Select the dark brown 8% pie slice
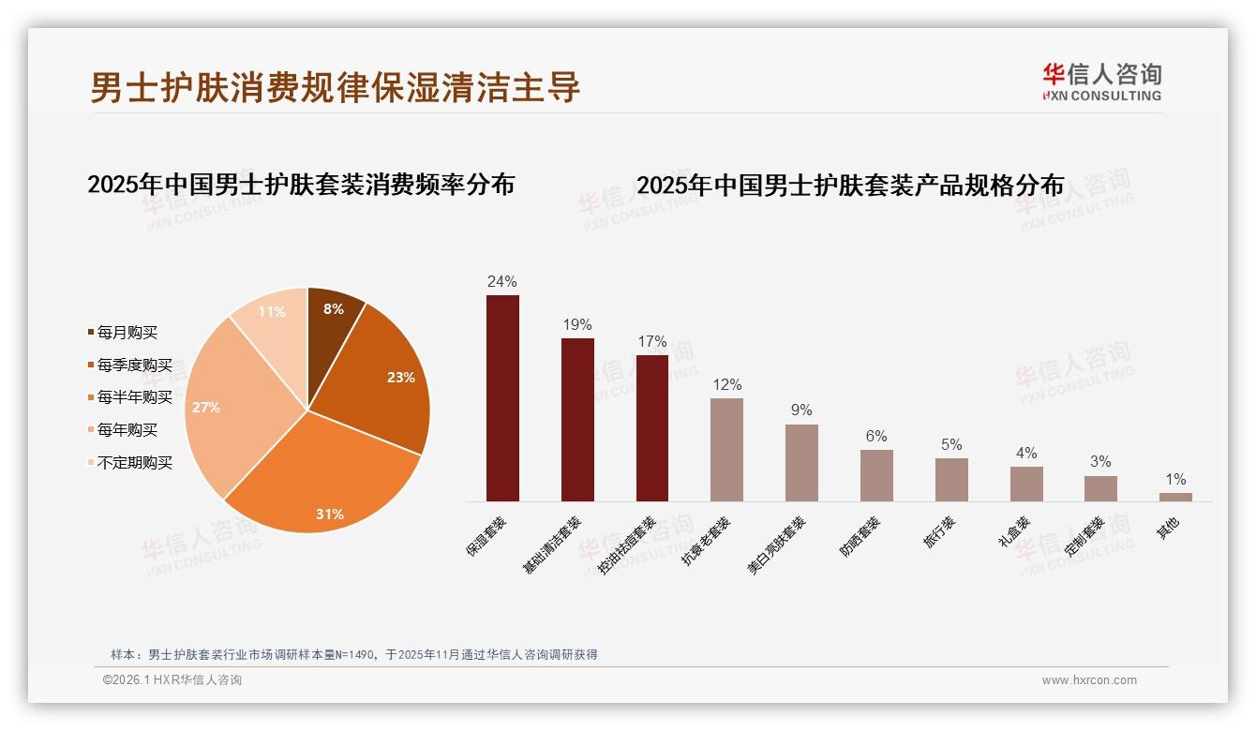click(333, 314)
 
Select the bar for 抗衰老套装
click(726, 450)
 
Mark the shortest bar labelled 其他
click(1175, 497)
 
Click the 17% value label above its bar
click(651, 342)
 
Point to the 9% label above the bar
click(801, 410)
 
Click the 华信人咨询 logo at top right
click(1101, 82)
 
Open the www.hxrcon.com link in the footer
click(1089, 680)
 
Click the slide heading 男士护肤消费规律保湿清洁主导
click(336, 87)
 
